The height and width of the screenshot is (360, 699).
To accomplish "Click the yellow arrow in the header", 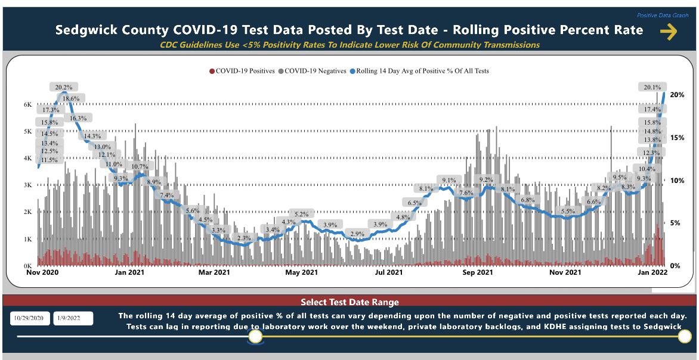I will tap(669, 32).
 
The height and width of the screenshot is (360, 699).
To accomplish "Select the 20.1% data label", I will tap(652, 87).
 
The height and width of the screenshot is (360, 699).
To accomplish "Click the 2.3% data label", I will tap(244, 238).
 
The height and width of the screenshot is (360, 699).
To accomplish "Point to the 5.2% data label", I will tap(302, 214).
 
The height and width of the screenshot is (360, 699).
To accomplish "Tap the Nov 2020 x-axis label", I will tap(42, 272).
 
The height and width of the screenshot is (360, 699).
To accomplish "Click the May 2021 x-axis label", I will tap(301, 272).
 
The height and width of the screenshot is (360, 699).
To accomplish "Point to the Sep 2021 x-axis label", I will tap(477, 272).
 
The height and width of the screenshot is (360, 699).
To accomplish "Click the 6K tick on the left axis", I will tap(28, 104).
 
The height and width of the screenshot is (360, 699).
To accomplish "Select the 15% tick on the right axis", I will tap(677, 138).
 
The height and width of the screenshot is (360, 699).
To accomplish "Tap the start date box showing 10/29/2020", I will tap(29, 318).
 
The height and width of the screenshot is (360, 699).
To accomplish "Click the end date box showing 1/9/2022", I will tap(73, 318).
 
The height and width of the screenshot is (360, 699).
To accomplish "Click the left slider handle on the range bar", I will tap(255, 337).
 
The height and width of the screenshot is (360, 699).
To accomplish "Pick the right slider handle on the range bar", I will tap(685, 337).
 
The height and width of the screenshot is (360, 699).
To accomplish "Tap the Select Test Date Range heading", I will tap(349, 302).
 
